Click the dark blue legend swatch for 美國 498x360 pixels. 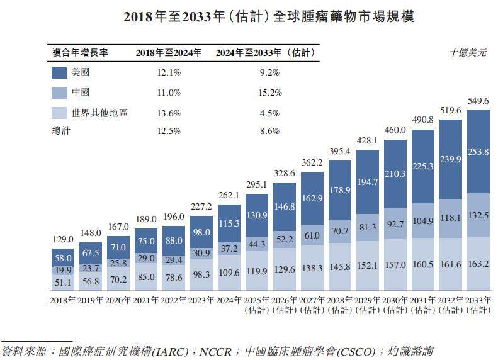pyautogui.click(x=59, y=72)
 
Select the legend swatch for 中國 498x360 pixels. pyautogui.click(x=59, y=93)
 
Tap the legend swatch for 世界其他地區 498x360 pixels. pyautogui.click(x=59, y=113)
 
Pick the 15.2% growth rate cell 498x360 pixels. pyautogui.click(x=269, y=93)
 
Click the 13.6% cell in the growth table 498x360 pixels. pyautogui.click(x=169, y=113)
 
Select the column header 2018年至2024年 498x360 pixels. pyautogui.click(x=169, y=53)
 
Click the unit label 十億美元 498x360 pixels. pyautogui.click(x=468, y=53)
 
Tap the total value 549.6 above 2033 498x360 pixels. pyautogui.click(x=478, y=101)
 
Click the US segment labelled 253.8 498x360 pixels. pyautogui.click(x=478, y=151)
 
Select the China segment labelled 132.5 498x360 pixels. pyautogui.click(x=478, y=215)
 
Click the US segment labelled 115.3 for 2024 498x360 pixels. pyautogui.click(x=230, y=223)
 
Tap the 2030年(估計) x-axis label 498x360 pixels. pyautogui.click(x=395, y=305)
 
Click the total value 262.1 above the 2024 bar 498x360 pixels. pyautogui.click(x=230, y=196)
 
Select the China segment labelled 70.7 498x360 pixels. pyautogui.click(x=340, y=231)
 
